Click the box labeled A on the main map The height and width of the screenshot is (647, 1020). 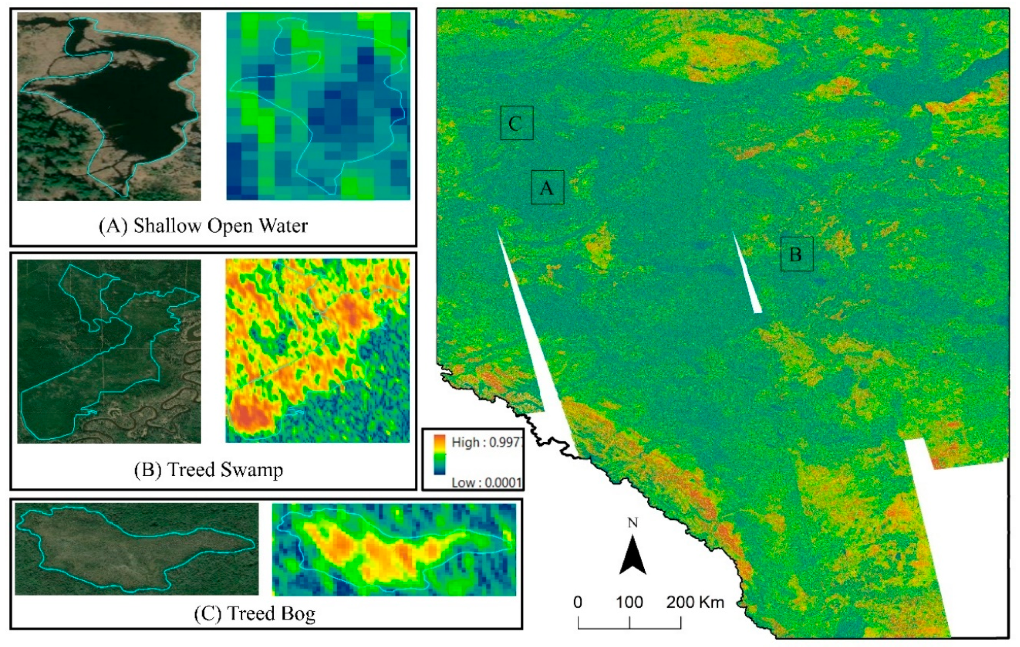pyautogui.click(x=547, y=187)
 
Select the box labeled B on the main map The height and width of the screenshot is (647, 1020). pyautogui.click(x=797, y=254)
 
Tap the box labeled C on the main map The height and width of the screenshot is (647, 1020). pyautogui.click(x=516, y=123)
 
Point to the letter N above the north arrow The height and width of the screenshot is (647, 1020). pyautogui.click(x=632, y=523)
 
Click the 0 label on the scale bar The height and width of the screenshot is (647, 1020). pyautogui.click(x=578, y=602)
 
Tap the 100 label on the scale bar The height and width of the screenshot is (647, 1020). pyautogui.click(x=629, y=602)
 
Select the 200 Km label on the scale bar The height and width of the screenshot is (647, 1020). pyautogui.click(x=695, y=602)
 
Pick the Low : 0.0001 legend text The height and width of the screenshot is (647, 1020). pyautogui.click(x=486, y=482)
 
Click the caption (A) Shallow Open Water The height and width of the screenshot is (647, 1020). pyautogui.click(x=203, y=226)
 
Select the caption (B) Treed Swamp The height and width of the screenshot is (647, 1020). pyautogui.click(x=209, y=469)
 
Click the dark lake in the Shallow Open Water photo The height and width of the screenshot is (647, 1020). pyautogui.click(x=127, y=106)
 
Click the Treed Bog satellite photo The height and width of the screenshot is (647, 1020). pyautogui.click(x=136, y=549)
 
